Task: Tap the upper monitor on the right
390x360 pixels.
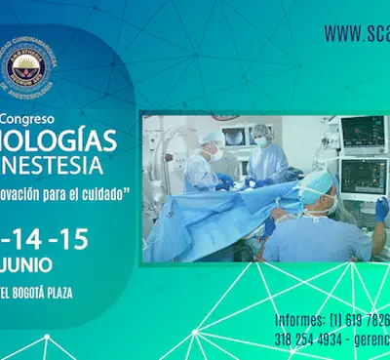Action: pos(362,131)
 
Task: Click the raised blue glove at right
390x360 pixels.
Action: pos(381,209)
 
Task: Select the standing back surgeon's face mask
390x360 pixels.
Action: pos(260,141)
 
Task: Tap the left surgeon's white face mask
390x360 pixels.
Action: pos(216,154)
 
